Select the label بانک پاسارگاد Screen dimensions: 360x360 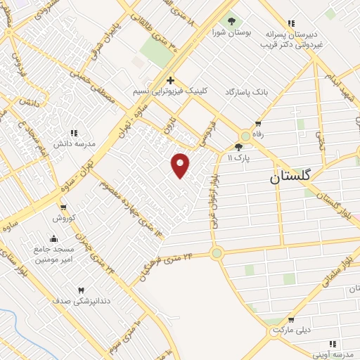tap(247, 92)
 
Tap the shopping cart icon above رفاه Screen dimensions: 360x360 tap(259, 124)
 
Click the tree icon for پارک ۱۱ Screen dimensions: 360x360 tap(240, 147)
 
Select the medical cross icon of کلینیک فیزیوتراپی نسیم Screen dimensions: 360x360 tap(170, 80)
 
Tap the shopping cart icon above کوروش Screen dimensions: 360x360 tap(63, 207)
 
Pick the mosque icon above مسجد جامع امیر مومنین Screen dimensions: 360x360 tap(54, 238)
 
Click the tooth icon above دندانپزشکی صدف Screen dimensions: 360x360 tap(80, 290)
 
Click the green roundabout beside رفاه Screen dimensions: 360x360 tap(245, 136)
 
